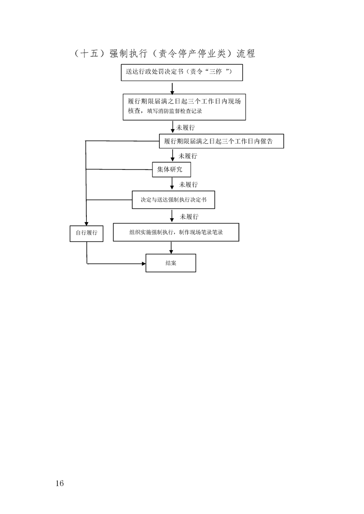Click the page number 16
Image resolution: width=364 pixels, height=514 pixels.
[60, 483]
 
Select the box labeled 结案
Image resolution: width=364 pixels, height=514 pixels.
[171, 263]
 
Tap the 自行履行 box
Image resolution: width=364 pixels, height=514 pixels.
[86, 233]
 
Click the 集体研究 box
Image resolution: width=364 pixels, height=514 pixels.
[172, 170]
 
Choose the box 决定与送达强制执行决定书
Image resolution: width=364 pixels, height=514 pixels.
[174, 200]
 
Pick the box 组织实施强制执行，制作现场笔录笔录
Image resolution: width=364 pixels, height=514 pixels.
[176, 232]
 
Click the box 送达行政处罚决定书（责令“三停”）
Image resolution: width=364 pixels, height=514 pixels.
[182, 72]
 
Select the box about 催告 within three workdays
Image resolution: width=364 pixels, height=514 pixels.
[221, 141]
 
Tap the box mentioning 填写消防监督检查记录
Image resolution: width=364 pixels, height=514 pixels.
[185, 107]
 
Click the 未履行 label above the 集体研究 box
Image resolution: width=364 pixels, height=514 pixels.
[188, 156]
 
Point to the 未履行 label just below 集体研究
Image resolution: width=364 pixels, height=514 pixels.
[188, 185]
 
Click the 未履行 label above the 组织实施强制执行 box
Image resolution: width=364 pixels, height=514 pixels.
[189, 217]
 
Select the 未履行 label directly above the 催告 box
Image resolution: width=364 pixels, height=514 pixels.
[185, 127]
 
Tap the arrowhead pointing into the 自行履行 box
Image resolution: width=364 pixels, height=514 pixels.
[86, 224]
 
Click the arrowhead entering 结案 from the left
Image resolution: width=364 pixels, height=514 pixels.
[144, 263]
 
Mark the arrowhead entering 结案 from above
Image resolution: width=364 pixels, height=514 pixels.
[171, 252]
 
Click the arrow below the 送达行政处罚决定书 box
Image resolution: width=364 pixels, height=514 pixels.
[172, 88]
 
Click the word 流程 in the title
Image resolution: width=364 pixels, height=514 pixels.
[246, 54]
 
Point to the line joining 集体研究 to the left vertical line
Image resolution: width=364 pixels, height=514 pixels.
[119, 170]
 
